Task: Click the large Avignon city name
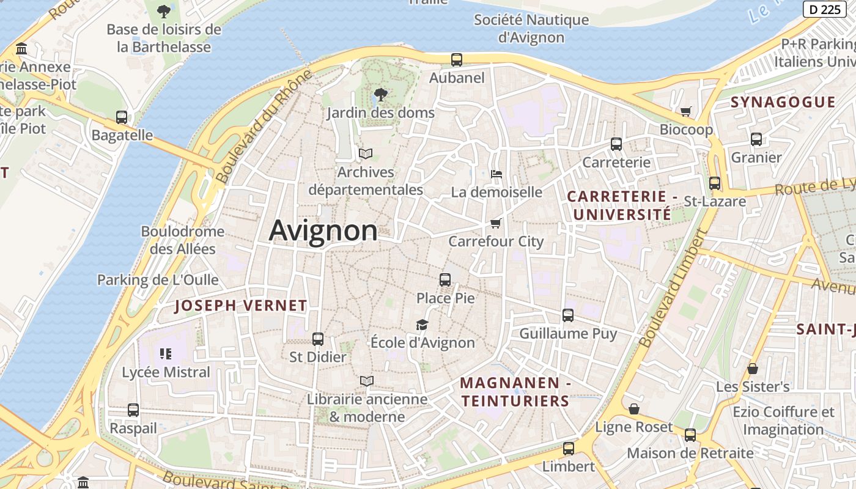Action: pos(323,231)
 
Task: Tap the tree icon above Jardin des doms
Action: pos(380,95)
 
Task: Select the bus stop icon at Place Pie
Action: pos(445,280)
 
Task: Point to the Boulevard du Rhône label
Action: pos(264,127)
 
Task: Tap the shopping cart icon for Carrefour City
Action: pos(496,223)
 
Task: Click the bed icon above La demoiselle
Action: pos(496,174)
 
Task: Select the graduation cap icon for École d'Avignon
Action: pos(422,325)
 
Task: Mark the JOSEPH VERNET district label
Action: pos(241,306)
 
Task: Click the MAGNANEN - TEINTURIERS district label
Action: pos(515,392)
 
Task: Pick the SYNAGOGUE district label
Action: pos(783,102)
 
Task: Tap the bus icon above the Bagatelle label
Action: pos(122,117)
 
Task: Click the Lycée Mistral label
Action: pos(166,372)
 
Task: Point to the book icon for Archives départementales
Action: pos(366,153)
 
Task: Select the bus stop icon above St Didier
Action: pos(318,339)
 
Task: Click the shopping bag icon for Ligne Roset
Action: pos(634,409)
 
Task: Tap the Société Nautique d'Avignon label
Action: pos(531,28)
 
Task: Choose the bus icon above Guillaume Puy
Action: pos(568,315)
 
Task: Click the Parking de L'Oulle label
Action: pos(158,280)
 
